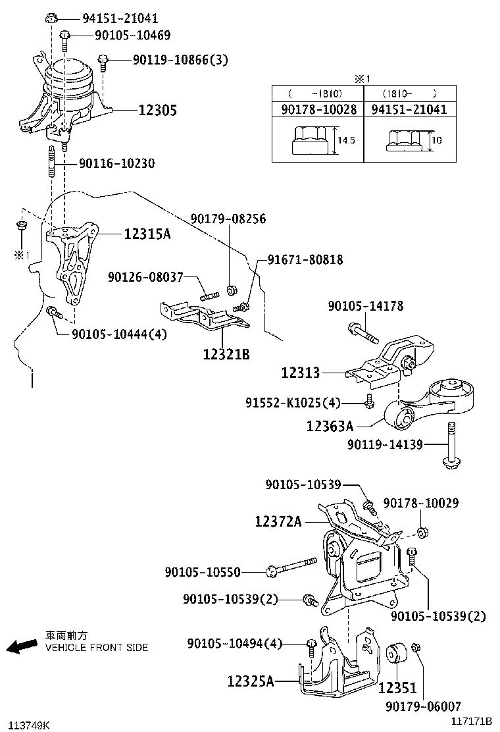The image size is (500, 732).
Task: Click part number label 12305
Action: (157, 110)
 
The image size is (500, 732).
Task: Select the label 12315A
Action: (147, 233)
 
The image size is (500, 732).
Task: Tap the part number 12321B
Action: (226, 354)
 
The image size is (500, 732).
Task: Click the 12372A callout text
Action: (278, 521)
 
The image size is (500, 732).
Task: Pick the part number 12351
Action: (397, 687)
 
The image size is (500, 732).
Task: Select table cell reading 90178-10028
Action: (318, 110)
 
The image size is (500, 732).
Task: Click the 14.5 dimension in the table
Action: (346, 140)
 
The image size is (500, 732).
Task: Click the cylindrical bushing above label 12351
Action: (396, 655)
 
